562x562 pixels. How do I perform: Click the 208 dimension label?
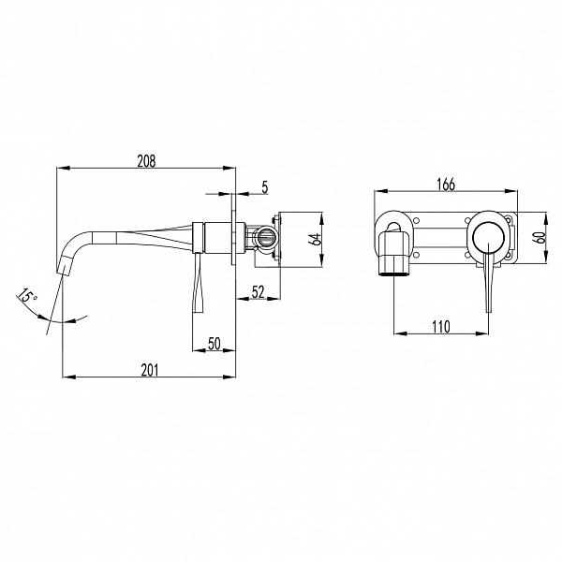tap(147, 161)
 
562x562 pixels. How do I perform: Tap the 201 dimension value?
tap(150, 370)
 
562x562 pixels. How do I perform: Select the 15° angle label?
tap(27, 295)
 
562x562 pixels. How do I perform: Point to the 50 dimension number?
tap(214, 344)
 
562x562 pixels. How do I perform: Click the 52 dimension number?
tap(259, 292)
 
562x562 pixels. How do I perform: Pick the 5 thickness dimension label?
tap(264, 187)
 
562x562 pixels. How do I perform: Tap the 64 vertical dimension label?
tap(316, 239)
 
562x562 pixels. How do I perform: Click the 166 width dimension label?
tap(446, 185)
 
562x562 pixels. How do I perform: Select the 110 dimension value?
tap(441, 327)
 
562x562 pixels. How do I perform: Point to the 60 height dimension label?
tap(540, 237)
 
